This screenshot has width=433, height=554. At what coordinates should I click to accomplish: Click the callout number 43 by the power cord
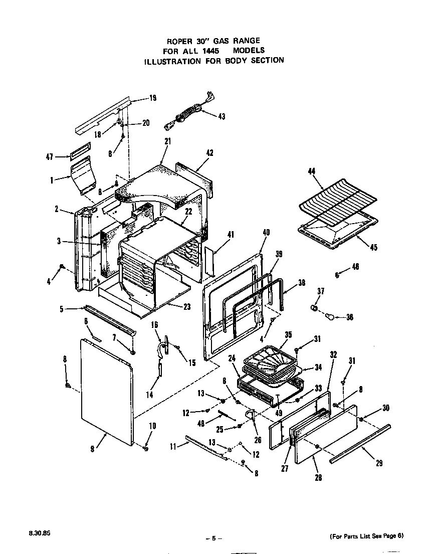point(222,116)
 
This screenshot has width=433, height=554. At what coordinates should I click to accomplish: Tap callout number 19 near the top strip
point(153,98)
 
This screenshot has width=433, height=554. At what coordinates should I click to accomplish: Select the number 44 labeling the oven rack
point(312,172)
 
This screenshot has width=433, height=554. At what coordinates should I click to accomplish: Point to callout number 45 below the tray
point(374,247)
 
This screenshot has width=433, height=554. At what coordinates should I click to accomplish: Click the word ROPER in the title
point(182,41)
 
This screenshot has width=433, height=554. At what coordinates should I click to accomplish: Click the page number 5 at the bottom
point(213,538)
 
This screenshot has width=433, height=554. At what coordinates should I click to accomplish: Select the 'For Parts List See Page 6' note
point(367,536)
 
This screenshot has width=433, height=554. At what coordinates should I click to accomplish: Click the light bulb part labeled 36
point(331,316)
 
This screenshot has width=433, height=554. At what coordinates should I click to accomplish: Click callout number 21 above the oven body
point(167,141)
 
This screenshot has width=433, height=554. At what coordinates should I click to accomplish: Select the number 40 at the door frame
point(266,232)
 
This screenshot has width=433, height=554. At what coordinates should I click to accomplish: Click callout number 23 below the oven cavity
point(187,307)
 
